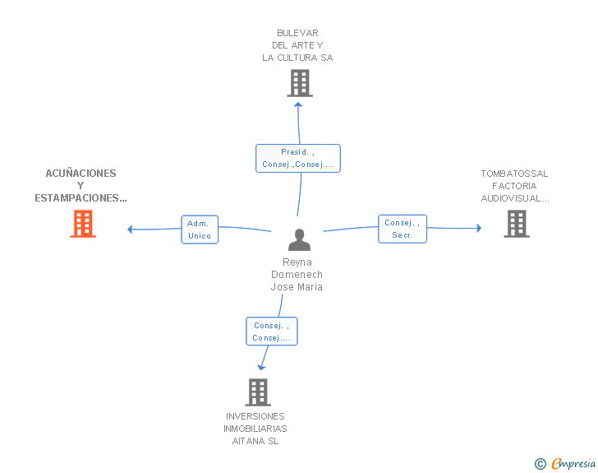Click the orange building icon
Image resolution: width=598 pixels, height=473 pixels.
point(83,224)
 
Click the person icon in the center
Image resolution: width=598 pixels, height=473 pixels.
point(299,239)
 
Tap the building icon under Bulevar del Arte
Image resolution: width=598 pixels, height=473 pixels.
point(300,83)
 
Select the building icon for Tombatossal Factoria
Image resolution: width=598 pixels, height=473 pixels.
point(517,224)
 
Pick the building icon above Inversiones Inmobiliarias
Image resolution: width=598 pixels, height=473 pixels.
point(258,392)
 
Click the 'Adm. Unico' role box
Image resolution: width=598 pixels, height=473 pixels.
point(200,230)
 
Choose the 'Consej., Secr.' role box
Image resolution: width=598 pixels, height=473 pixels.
point(402,229)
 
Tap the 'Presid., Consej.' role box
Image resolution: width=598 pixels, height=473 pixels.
point(298,158)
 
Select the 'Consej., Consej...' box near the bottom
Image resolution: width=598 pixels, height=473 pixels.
point(272,332)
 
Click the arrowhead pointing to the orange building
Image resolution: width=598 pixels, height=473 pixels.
point(130,230)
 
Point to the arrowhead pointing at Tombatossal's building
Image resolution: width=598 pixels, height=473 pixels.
point(479,228)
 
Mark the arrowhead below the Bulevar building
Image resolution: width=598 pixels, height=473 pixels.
point(298,104)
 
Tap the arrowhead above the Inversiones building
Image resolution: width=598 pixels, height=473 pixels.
point(261,368)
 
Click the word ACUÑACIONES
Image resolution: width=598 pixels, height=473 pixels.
point(80,174)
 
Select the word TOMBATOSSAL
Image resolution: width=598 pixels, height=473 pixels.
point(514,174)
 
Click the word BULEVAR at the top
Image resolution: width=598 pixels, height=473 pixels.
point(297,33)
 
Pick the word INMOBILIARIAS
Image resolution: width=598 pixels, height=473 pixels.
point(255,429)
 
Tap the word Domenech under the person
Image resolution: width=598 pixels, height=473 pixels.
point(297,275)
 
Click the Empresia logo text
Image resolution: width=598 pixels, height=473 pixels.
point(573,464)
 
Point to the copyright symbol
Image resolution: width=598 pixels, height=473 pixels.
point(540,464)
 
